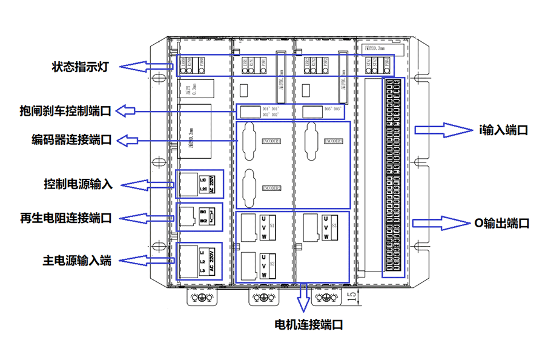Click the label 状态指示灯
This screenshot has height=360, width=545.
tap(80, 67)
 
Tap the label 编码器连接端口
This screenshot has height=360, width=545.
tap(71, 140)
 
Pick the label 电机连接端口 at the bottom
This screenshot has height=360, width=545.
tap(308, 324)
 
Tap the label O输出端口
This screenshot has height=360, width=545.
tap(502, 223)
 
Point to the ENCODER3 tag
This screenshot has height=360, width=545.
tap(334, 141)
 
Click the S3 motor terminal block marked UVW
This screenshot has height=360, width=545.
tap(326, 227)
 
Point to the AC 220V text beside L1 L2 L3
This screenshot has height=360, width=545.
tap(212, 261)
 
